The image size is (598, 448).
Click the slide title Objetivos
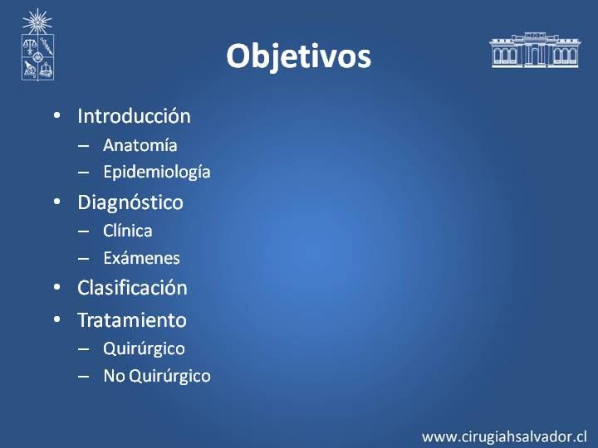(x=299, y=56)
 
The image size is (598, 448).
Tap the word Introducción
(x=134, y=116)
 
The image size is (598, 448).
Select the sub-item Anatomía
(x=140, y=145)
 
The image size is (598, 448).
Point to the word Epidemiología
(x=157, y=173)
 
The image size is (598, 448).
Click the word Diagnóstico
(x=130, y=202)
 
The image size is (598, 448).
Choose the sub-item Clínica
(x=128, y=231)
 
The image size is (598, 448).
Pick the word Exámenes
(x=141, y=258)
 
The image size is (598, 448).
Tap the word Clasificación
(x=132, y=288)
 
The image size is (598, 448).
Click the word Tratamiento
(x=132, y=320)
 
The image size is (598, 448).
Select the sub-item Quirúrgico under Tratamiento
(x=144, y=349)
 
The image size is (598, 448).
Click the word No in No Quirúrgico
(x=115, y=376)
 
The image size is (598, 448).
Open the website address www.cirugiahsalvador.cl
(x=504, y=436)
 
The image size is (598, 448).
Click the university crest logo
(x=37, y=45)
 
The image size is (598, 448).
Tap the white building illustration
(x=535, y=50)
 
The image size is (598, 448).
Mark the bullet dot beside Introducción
(x=57, y=115)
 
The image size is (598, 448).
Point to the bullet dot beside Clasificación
(x=57, y=287)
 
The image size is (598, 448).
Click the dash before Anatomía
(x=84, y=146)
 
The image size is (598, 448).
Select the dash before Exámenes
(x=84, y=259)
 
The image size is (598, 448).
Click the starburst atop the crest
(x=37, y=22)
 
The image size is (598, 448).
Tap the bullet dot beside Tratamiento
(x=57, y=319)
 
